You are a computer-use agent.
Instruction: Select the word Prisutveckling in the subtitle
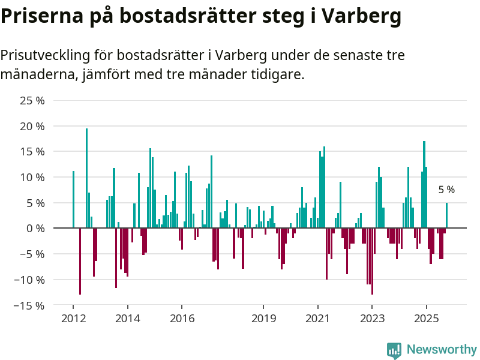56,56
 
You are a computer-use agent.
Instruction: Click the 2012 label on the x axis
73,318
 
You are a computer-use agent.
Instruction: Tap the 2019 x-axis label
263,318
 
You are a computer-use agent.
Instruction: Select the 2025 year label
427,318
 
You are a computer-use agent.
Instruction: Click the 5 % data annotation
446,190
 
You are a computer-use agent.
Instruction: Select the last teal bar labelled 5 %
446,215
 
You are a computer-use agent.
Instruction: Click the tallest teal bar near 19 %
86,178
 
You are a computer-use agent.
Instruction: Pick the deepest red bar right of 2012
80,261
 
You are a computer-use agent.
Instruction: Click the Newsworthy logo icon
394,350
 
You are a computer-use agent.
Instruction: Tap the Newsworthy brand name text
442,350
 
